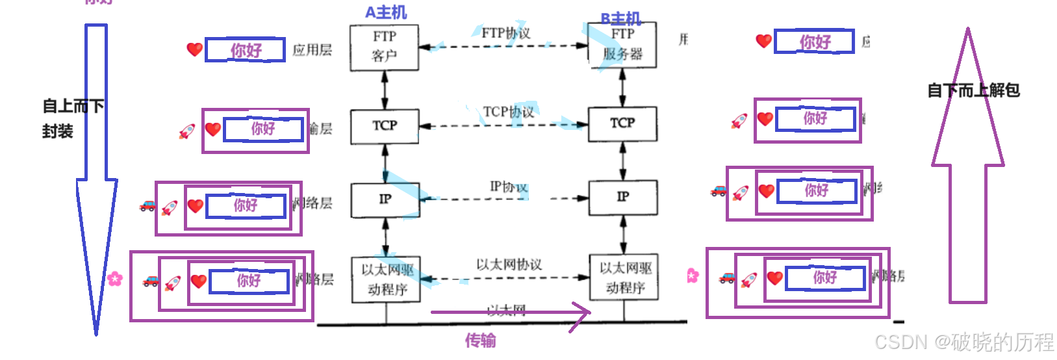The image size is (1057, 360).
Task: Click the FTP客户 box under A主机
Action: [384, 47]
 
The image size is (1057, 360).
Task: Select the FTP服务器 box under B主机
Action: [622, 45]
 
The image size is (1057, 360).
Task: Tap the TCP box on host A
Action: [385, 126]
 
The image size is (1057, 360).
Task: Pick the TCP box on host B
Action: [622, 123]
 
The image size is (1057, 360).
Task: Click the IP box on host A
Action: [385, 199]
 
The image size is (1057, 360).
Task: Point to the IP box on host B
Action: [623, 197]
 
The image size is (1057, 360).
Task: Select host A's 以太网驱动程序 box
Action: [387, 279]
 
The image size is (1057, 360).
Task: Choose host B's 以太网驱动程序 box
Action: [624, 277]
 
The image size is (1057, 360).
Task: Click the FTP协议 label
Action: [505, 33]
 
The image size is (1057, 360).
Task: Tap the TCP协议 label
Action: [508, 112]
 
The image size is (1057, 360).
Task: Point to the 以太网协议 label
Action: [509, 264]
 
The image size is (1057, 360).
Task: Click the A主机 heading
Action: [386, 12]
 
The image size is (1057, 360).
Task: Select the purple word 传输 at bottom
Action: [480, 340]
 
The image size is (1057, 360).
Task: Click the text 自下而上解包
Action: [973, 90]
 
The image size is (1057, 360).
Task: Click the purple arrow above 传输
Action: [510, 313]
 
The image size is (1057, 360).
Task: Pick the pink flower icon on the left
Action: [115, 279]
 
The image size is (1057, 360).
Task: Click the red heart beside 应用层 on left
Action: [194, 49]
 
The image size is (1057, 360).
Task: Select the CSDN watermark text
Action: [963, 342]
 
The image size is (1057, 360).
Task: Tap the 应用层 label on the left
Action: [312, 50]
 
